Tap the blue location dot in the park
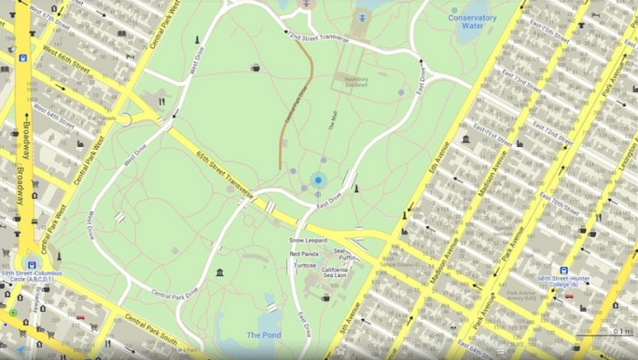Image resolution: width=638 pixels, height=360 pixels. pos(319,180)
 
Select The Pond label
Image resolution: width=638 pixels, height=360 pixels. pos(263,334)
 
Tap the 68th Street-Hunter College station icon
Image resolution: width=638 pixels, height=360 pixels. pos(564,271)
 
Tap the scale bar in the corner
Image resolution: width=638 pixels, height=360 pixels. pos(607,334)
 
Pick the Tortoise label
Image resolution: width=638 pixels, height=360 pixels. pos(305,265)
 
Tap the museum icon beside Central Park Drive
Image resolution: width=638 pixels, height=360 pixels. pos(220,273)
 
